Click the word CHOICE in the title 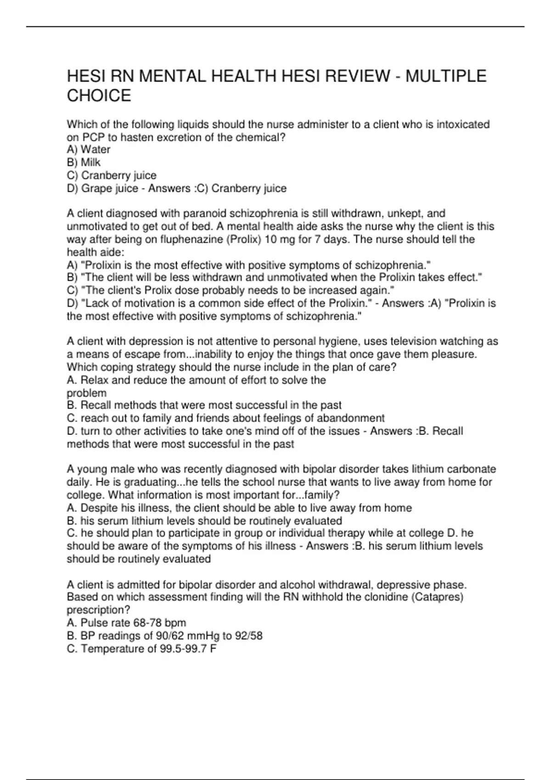coord(99,95)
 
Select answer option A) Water coord(89,150)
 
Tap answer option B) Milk coord(84,162)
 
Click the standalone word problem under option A coord(86,393)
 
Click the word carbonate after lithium coord(471,469)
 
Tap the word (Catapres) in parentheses coord(440,597)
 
